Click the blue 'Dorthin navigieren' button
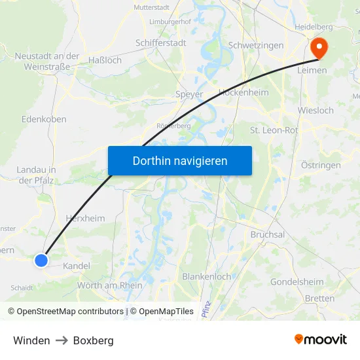click(x=180, y=160)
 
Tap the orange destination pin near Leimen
click(x=319, y=47)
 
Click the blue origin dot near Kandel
click(x=41, y=261)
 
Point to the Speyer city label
click(x=189, y=94)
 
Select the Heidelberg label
click(x=314, y=27)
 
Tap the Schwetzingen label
click(x=256, y=45)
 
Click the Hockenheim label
click(x=243, y=92)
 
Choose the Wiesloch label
click(x=315, y=110)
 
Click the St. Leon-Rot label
click(x=274, y=130)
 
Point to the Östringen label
click(x=321, y=165)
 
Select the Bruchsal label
click(x=267, y=234)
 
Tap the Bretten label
click(x=319, y=298)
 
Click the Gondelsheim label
click(x=297, y=282)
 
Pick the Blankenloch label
click(x=207, y=276)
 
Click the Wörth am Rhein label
click(x=110, y=285)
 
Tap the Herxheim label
click(x=86, y=219)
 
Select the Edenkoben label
click(x=44, y=119)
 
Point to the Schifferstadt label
click(x=161, y=43)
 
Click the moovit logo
click(x=321, y=339)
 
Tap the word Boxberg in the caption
click(x=94, y=340)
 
